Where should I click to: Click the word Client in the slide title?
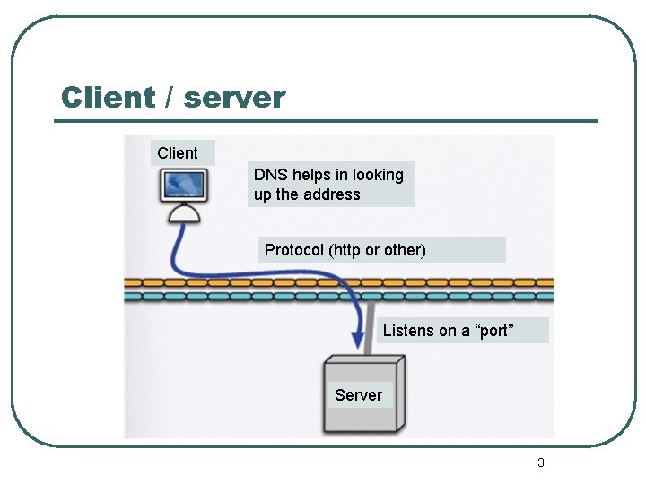(108, 97)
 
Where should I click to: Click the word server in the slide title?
(234, 97)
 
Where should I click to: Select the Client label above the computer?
(178, 153)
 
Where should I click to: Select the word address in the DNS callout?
(332, 194)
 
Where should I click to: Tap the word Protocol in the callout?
(294, 250)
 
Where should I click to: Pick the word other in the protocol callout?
(402, 250)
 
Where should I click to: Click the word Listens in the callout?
(408, 331)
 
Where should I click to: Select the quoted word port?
(493, 331)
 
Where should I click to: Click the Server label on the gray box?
(358, 395)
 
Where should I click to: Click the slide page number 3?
(540, 462)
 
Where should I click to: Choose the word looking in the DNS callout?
(378, 175)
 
